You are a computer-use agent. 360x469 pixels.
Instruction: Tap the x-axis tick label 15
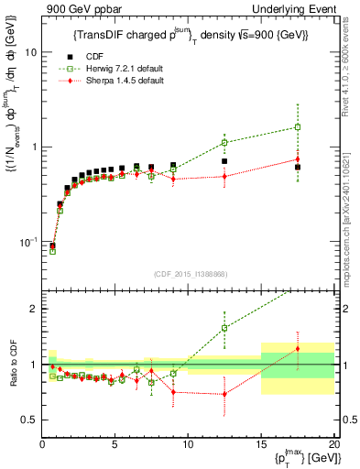[261, 444]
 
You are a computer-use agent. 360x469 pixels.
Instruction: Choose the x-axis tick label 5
[115, 444]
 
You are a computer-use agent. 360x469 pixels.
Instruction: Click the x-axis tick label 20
[333, 444]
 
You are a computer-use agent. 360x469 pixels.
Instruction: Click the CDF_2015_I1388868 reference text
[189, 272]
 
